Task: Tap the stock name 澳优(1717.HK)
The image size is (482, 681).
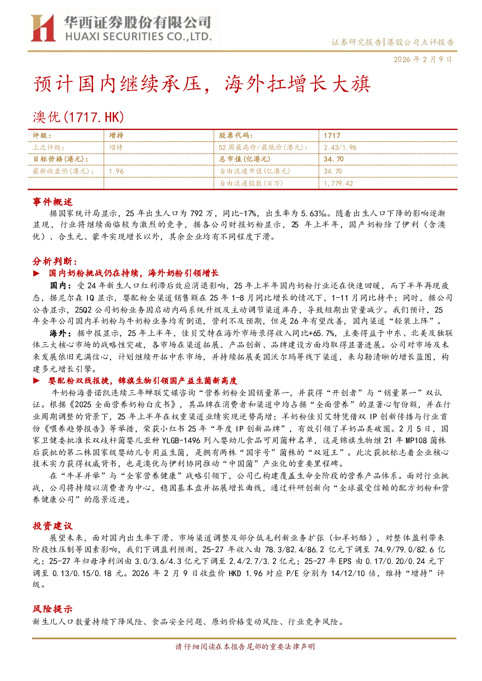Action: pos(79,117)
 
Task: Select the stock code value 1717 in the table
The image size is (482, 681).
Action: pos(332,135)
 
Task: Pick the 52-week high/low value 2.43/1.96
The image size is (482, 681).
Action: pos(340,147)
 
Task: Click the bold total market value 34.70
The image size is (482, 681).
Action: pos(333,159)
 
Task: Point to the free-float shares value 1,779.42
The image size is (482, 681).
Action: pos(338,183)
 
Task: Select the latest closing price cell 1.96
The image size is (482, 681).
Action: pos(116,171)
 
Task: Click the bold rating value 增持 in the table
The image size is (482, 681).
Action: pos(116,135)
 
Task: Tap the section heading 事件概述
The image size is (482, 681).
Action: pos(52,202)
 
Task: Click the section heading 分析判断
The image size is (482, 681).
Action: pos(55,261)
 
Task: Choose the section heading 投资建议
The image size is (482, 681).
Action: pos(52,526)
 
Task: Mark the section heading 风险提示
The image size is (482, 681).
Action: pos(52,609)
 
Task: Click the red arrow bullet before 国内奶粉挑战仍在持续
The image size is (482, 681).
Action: pos(36,273)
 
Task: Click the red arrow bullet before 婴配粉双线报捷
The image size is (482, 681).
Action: pos(36,380)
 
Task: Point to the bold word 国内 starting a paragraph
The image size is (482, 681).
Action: pos(58,286)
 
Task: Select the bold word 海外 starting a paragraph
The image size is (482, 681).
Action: pos(58,333)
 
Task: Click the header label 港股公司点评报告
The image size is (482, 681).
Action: pos(420,42)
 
